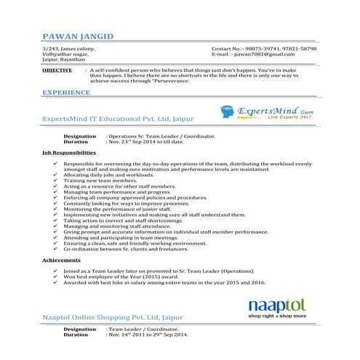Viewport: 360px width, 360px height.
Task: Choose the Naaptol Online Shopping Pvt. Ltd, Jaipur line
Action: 113,318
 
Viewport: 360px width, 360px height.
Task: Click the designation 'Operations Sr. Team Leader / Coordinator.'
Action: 162,136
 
